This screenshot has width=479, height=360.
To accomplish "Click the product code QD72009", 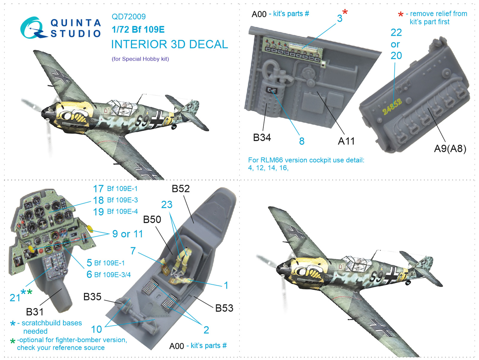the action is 128,16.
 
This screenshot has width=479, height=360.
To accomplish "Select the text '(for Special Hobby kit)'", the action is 140,59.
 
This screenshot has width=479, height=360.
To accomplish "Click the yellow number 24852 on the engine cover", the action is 392,107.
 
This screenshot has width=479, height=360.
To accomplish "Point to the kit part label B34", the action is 262,138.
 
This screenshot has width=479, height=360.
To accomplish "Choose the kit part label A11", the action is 346,141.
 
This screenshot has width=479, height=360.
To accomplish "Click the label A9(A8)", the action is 450,149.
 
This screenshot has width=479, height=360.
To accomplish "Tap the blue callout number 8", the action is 302,141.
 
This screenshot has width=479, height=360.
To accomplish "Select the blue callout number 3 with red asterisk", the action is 342,16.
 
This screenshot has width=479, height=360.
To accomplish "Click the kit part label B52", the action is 181,189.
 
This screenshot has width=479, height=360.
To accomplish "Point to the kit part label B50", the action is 152,219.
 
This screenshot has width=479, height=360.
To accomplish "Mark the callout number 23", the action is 167,204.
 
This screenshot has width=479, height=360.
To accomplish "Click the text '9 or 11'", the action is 128,234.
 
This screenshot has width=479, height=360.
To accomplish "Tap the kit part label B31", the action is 35,312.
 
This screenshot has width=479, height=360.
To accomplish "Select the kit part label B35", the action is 92,297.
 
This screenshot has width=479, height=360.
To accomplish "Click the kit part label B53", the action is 224,308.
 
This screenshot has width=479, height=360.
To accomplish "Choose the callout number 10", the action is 96,329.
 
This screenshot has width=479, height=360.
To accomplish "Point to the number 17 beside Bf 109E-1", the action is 98,189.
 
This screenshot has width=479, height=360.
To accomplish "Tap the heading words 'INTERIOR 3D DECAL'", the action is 169,44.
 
